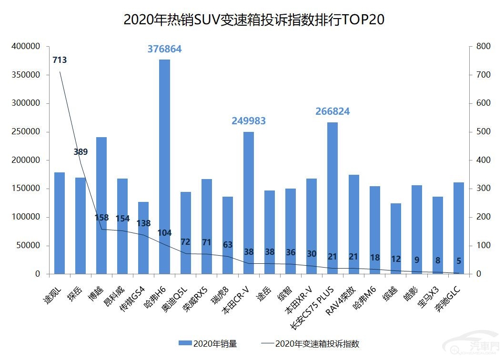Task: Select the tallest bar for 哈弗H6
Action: tap(164, 167)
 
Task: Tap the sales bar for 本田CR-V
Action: tap(249, 202)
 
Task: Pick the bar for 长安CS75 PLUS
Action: tap(333, 198)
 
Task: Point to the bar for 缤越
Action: tap(396, 238)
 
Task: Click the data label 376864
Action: tap(164, 49)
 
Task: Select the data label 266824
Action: tap(333, 111)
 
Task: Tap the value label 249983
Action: tap(249, 121)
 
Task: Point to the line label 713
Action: tap(60, 60)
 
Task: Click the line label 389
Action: tap(81, 152)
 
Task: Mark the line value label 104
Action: tap(164, 233)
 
